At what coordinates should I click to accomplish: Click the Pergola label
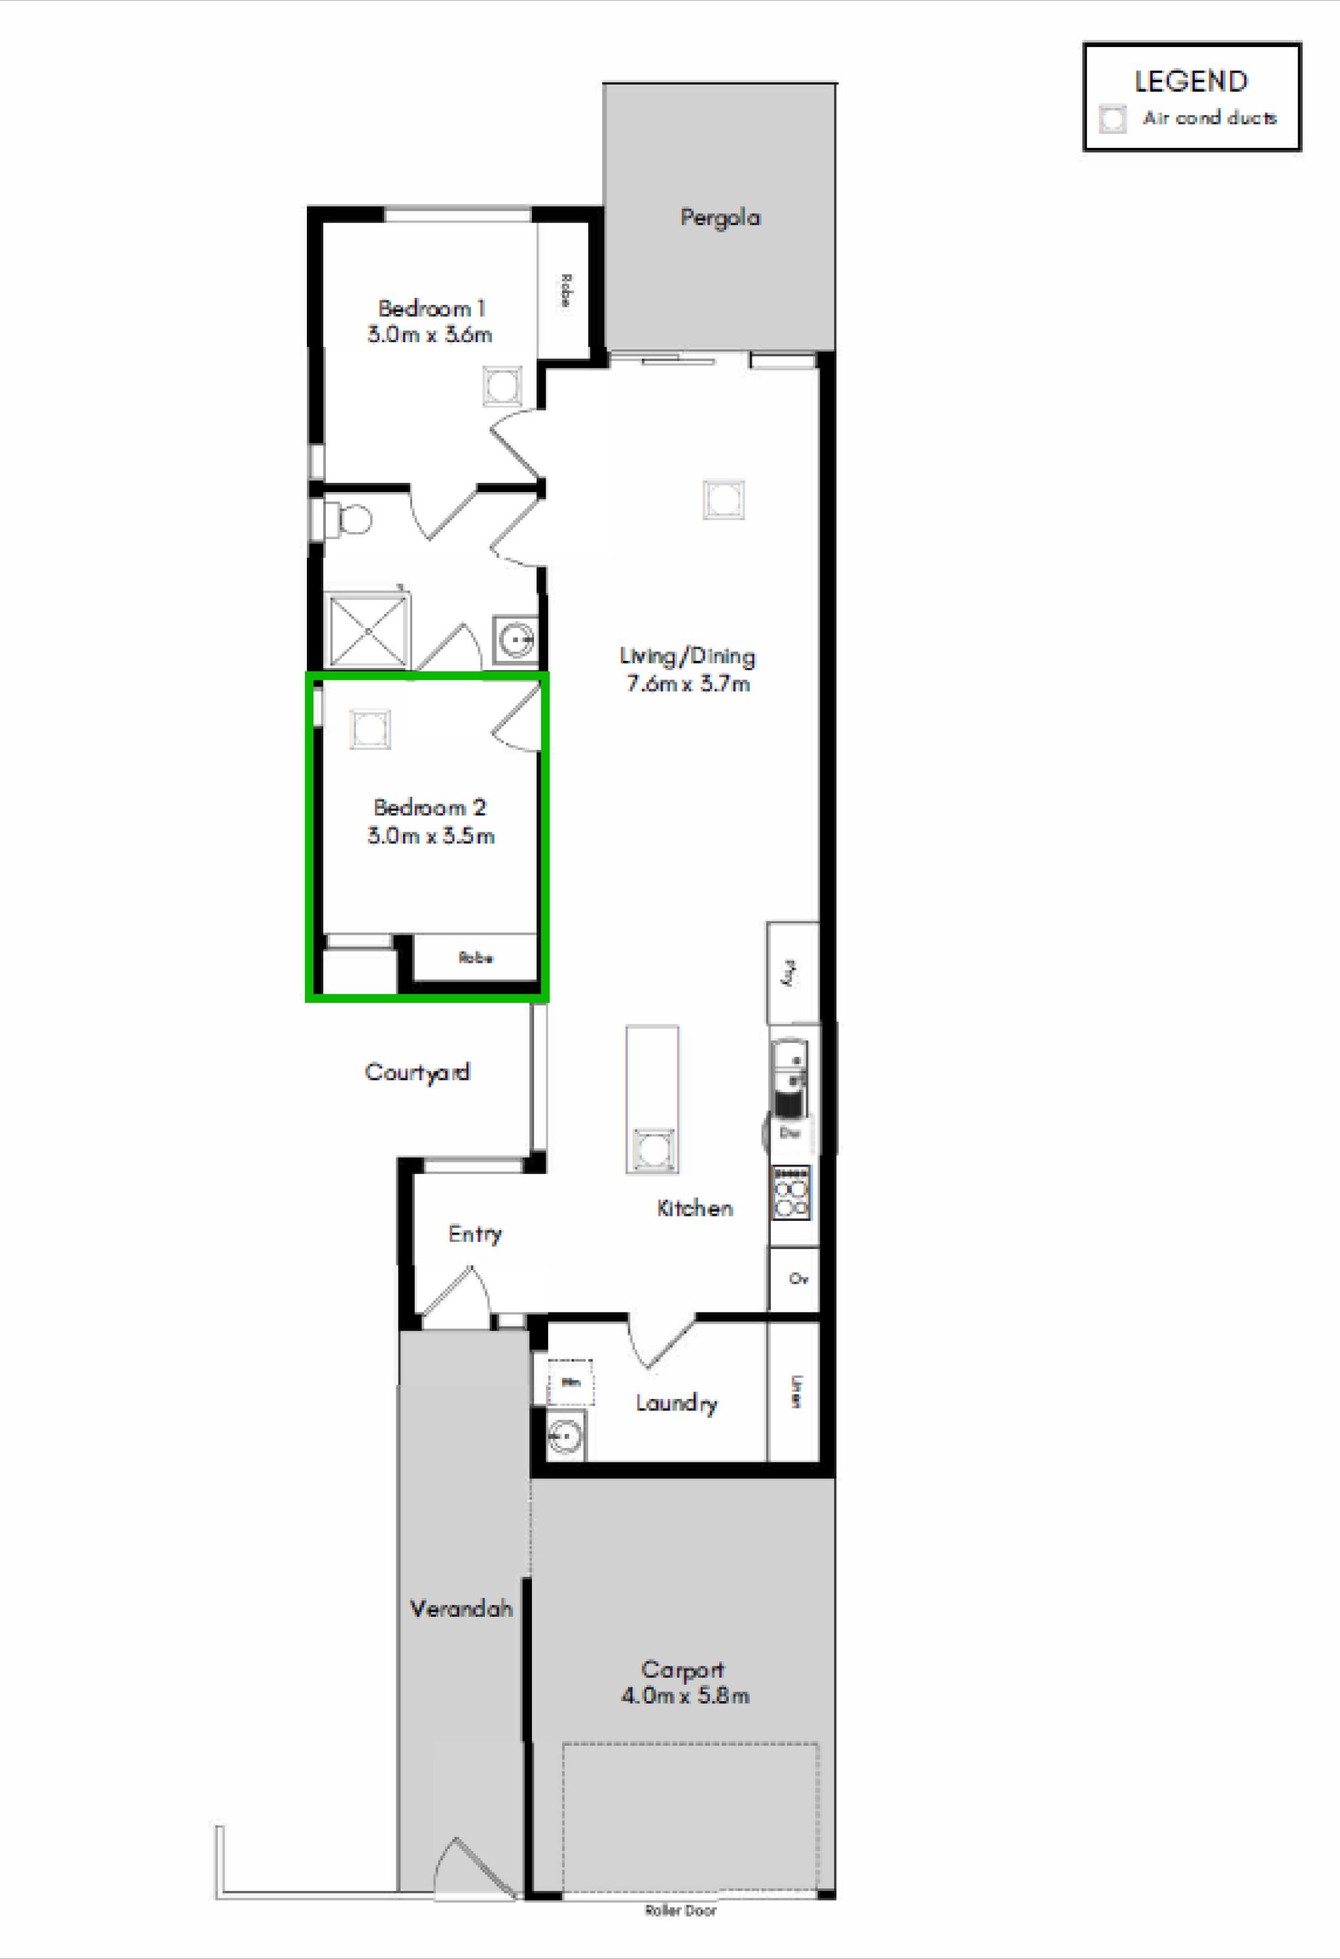[x=720, y=217]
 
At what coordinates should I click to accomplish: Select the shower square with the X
[x=368, y=631]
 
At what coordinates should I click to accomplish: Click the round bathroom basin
[x=515, y=641]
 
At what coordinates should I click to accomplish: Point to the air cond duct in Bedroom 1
[x=502, y=387]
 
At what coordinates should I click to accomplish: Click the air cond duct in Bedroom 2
[x=370, y=729]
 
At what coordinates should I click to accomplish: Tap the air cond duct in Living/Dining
[x=723, y=500]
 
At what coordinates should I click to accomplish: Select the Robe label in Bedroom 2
[x=475, y=958]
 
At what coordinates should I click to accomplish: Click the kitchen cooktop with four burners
[x=790, y=1192]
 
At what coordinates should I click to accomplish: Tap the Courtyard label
[x=417, y=1072]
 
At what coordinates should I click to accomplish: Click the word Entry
[x=474, y=1234]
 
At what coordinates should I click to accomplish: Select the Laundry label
[x=676, y=1403]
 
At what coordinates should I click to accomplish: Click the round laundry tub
[x=565, y=1434]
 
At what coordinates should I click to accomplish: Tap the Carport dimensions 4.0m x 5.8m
[x=684, y=1696]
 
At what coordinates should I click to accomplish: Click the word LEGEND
[x=1190, y=82]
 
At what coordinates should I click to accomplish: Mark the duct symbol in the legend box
[x=1112, y=119]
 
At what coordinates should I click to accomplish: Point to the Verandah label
[x=461, y=1608]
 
